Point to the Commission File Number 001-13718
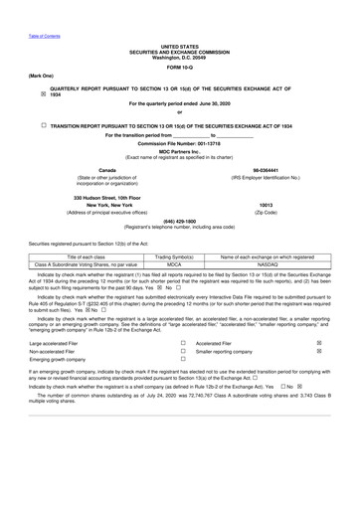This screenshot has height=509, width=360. [180, 145]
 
